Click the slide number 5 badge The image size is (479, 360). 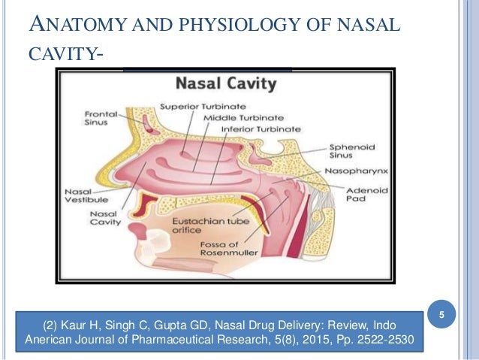pos(442,315)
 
